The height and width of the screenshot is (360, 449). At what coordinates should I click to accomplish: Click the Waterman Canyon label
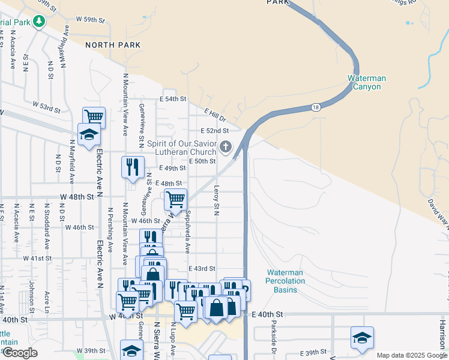click(367, 82)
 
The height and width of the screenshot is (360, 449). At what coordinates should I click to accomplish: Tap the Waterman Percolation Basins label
click(285, 281)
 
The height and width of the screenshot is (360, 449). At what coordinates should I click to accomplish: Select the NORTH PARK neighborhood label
click(113, 45)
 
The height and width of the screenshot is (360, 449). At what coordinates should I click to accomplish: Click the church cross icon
click(226, 147)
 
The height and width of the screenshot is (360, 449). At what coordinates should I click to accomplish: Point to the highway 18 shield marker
click(315, 107)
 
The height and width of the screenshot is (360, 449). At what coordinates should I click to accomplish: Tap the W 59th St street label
click(90, 20)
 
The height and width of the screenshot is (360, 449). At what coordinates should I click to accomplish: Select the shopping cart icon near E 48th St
click(175, 199)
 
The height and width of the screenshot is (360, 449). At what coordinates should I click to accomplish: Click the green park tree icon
click(39, 22)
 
